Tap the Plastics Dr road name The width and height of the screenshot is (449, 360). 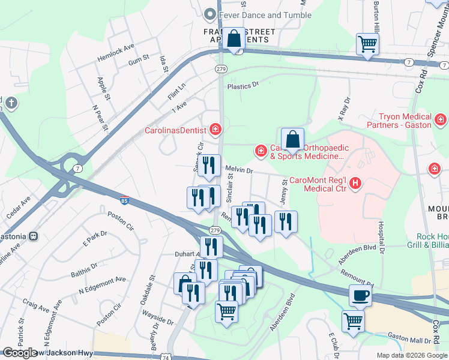[243, 85]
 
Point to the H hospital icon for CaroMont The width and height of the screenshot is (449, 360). [355, 183]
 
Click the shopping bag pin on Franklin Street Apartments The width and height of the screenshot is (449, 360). [235, 40]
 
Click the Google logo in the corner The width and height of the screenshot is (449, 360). [20, 353]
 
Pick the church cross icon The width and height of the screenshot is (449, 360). [11, 104]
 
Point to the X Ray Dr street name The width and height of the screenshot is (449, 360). [343, 109]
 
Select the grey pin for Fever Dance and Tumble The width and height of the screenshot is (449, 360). [209, 14]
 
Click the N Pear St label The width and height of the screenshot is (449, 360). [99, 118]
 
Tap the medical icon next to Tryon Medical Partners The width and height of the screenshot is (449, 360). [441, 121]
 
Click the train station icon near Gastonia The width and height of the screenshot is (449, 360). [34, 237]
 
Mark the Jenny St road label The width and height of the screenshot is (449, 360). [283, 194]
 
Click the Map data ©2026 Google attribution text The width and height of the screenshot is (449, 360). [411, 355]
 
